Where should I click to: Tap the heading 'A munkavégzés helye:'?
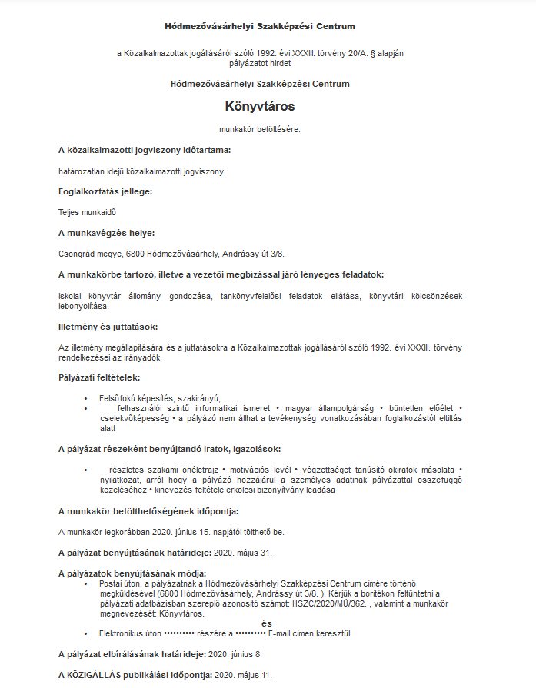106,232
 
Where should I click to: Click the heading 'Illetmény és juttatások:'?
108,327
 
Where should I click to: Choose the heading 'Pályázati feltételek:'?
99,377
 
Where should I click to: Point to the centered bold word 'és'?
267,623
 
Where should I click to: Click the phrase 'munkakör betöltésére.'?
260,129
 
